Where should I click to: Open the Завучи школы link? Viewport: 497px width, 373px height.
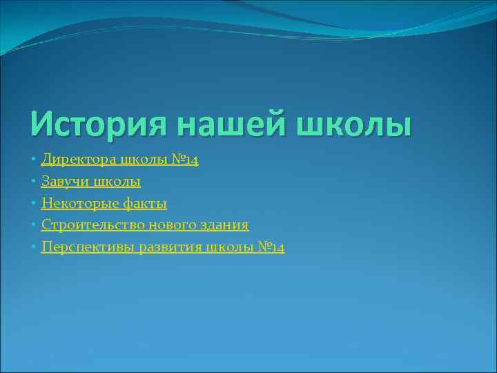(x=90, y=182)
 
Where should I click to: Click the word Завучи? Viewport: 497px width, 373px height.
(x=64, y=182)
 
